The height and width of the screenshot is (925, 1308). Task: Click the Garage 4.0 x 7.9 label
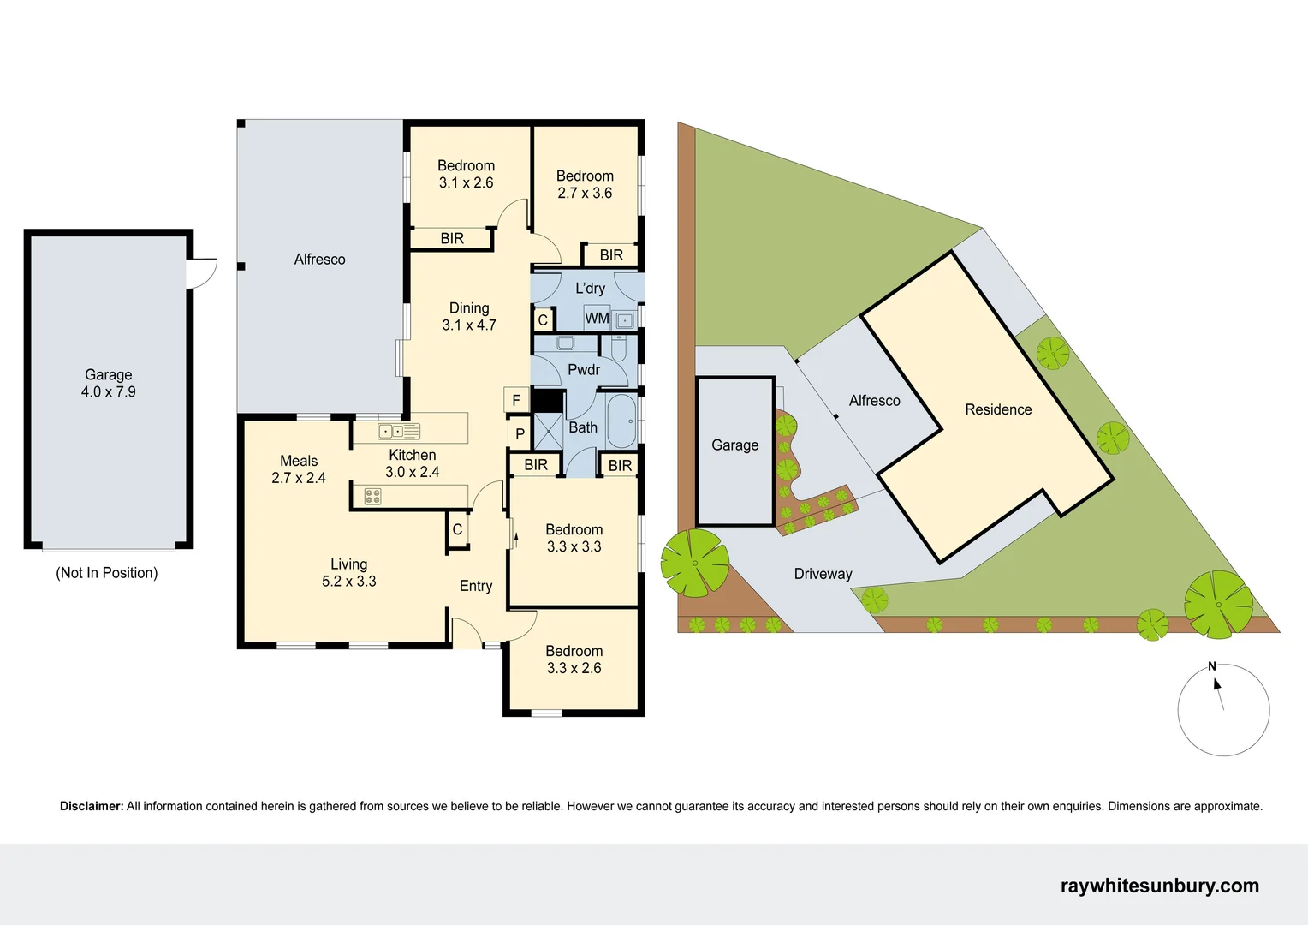(x=108, y=383)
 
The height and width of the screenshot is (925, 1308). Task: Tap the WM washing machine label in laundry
(x=597, y=319)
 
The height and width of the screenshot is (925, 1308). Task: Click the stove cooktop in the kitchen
(x=372, y=496)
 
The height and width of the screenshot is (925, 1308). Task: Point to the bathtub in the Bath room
(x=621, y=421)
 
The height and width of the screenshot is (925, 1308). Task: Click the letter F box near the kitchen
(x=516, y=400)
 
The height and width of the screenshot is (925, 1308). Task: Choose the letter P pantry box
(x=520, y=433)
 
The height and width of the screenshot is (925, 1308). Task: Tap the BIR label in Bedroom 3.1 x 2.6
(x=452, y=238)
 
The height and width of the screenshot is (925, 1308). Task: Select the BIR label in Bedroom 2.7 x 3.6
(x=611, y=254)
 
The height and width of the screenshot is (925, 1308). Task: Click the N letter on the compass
(x=1212, y=666)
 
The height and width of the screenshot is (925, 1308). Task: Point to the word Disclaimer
(x=92, y=806)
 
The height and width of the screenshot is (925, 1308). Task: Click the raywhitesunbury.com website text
(x=1159, y=886)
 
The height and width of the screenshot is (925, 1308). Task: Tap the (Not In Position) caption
(x=107, y=573)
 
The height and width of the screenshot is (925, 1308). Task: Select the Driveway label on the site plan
(x=823, y=574)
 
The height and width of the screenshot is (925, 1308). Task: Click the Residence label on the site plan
(x=998, y=409)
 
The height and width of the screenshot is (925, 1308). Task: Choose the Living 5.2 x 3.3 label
(x=348, y=572)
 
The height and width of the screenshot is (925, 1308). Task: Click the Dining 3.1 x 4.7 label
(x=469, y=316)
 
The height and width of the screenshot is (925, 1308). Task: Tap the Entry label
(x=476, y=586)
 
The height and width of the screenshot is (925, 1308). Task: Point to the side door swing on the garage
(x=202, y=273)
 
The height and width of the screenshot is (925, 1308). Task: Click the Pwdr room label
(x=584, y=370)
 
